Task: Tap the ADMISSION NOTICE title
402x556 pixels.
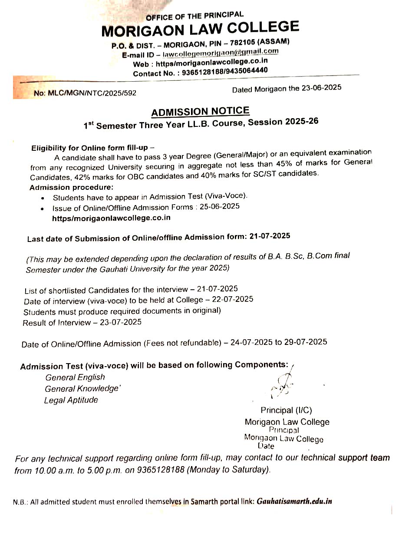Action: (200, 112)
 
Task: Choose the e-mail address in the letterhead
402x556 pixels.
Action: (221, 53)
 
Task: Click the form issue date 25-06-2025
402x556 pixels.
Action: (219, 207)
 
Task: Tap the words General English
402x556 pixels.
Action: (75, 377)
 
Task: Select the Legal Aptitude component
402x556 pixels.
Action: (71, 400)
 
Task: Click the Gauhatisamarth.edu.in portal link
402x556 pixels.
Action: (294, 501)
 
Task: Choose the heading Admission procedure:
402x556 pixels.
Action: (71, 187)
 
